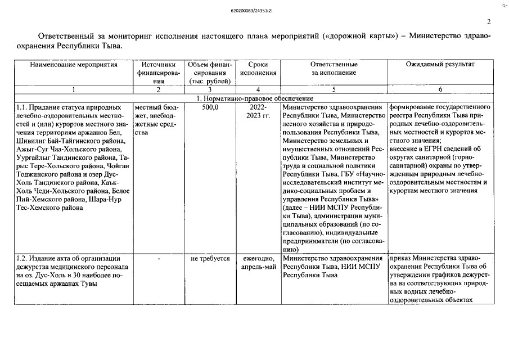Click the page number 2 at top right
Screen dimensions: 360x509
[488, 22]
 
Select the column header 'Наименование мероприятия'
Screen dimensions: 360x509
[74, 65]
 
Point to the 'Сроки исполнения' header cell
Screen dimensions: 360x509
[258, 69]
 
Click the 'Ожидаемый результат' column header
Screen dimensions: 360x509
[440, 65]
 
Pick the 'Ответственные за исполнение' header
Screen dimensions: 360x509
[334, 69]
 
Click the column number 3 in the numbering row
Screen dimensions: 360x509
[209, 89]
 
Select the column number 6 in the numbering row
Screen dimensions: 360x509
[440, 89]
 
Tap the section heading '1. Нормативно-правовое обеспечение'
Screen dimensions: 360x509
[254, 98]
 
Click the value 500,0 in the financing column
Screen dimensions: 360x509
[209, 107]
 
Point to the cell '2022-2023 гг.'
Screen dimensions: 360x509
[258, 111]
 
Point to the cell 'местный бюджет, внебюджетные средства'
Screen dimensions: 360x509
[154, 119]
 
